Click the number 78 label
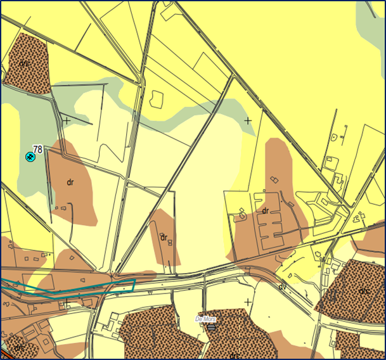point(37,150)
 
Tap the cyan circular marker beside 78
point(30,156)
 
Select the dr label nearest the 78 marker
point(70,182)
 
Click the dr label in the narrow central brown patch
point(164,238)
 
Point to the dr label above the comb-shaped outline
point(266,210)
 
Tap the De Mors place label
point(206,319)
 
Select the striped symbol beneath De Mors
point(211,327)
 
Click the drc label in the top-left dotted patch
point(25,63)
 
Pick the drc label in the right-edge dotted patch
point(364,290)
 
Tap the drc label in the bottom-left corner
point(19,348)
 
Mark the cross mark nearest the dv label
point(247,302)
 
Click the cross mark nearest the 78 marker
point(67,119)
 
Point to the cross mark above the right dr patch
point(247,119)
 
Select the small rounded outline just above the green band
point(155,98)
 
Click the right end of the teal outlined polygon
point(134,283)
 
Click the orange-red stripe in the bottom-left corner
point(4,353)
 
